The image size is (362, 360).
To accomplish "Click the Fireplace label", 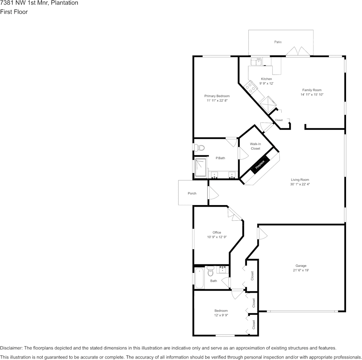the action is [260, 164].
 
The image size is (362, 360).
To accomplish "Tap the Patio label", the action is [278, 42].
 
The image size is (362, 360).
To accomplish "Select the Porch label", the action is [192, 193].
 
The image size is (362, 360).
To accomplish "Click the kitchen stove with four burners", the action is [251, 88].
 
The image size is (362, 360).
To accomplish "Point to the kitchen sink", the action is [256, 62].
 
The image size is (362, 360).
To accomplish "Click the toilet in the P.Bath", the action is [199, 147].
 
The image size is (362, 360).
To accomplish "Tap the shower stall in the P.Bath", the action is [200, 167].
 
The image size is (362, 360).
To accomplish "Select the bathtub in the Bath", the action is [199, 278].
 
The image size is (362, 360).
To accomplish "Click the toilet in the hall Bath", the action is [210, 271].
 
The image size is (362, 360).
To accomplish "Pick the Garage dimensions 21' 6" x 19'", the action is [301, 270].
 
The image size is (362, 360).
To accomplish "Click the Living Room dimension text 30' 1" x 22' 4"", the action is [300, 184].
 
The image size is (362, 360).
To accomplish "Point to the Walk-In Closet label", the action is [255, 146].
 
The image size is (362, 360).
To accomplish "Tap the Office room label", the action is [217, 233].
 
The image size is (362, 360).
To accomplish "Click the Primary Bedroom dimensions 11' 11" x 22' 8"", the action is [217, 100].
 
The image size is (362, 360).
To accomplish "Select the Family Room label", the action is [312, 90].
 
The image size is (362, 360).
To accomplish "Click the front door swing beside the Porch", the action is [213, 193].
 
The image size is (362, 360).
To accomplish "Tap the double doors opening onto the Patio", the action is [298, 51].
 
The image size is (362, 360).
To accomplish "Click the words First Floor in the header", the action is [14, 12].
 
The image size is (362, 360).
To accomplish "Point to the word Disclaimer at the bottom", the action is [11, 348].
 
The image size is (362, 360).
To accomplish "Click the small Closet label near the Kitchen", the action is [279, 120].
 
